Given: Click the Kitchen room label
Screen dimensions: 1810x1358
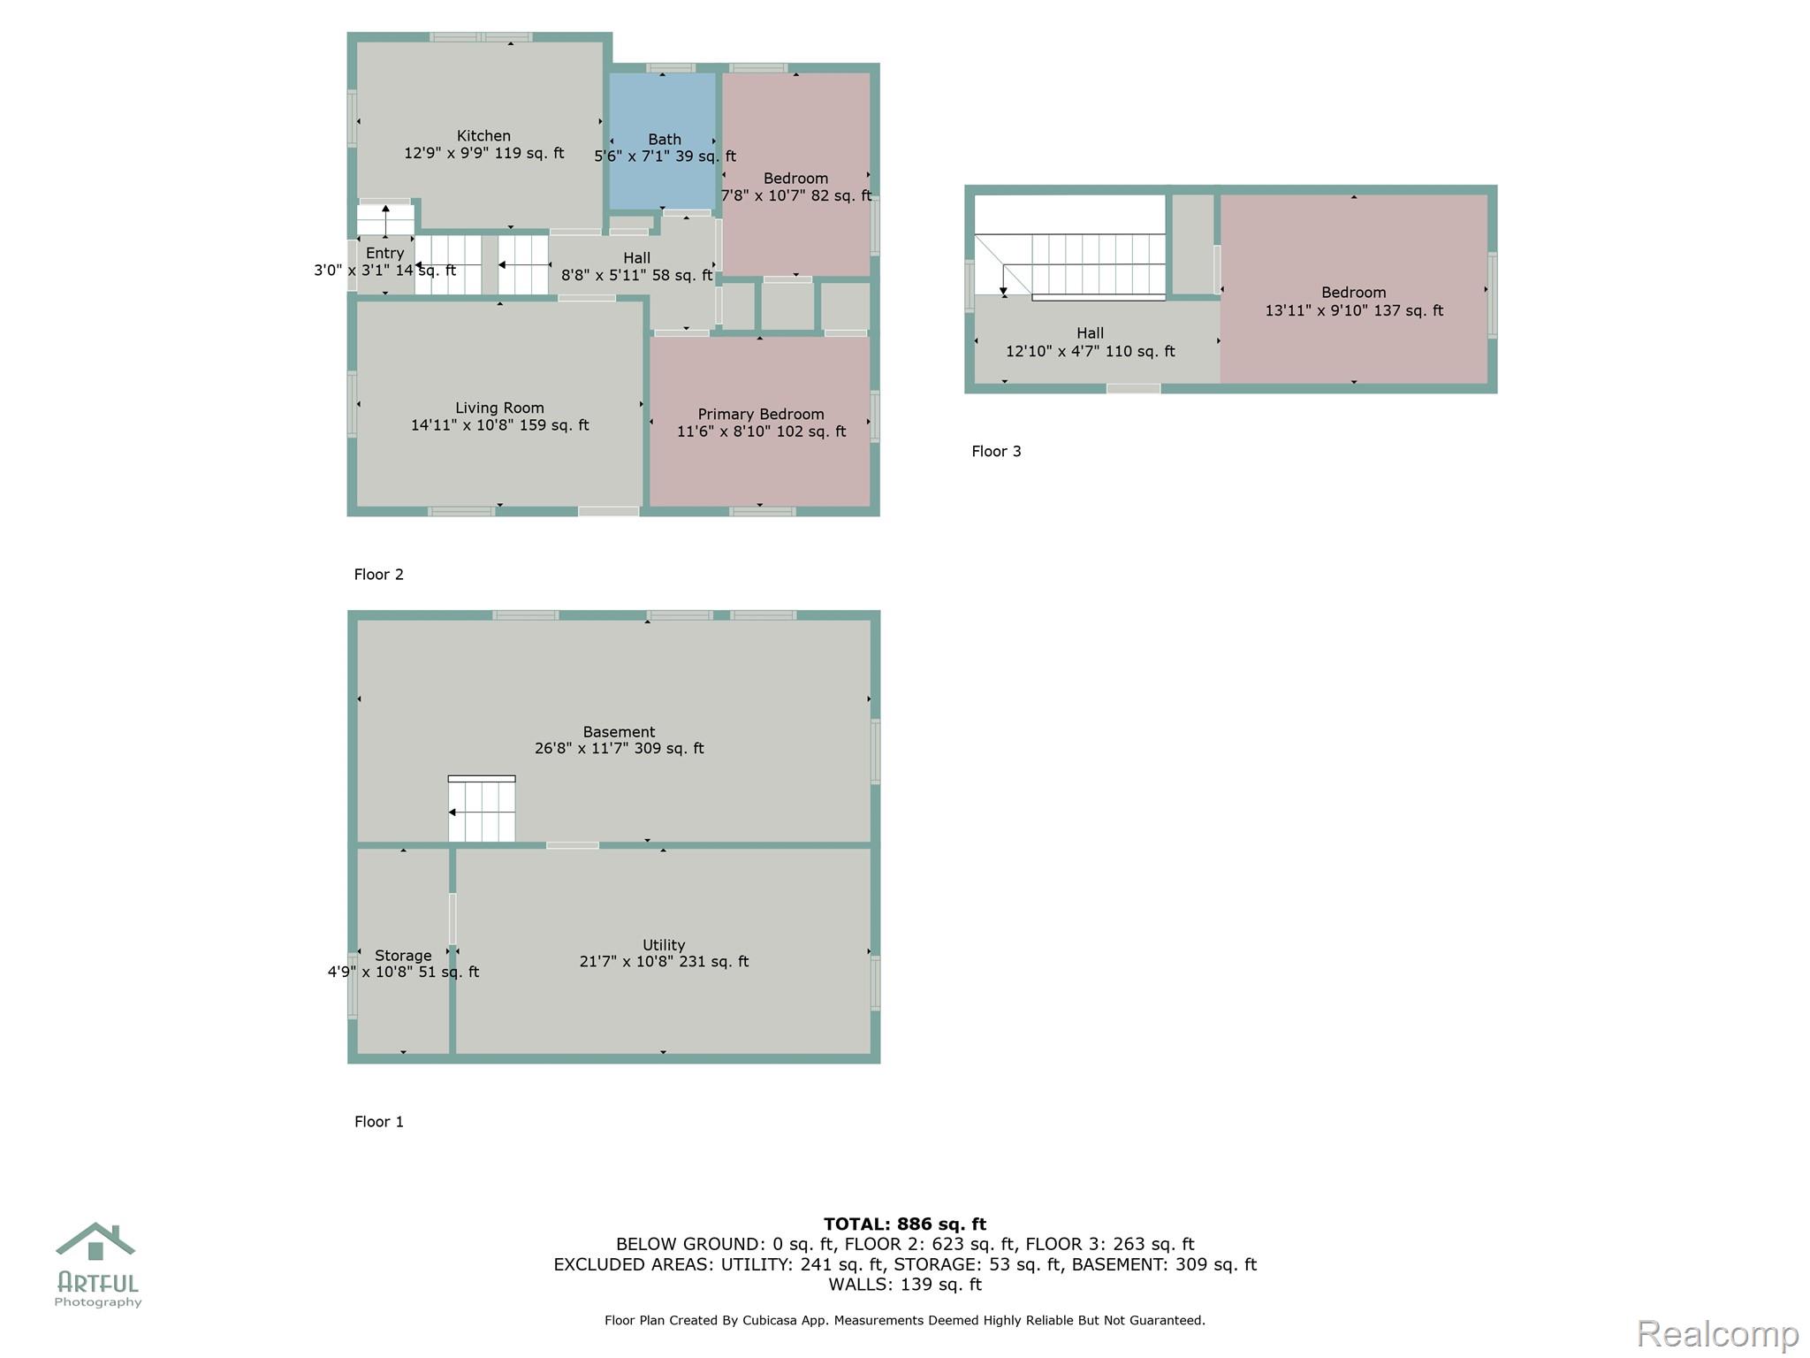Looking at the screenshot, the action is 483,136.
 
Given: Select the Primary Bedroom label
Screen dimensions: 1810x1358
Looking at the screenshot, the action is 761,415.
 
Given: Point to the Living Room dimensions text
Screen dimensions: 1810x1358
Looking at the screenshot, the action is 499,425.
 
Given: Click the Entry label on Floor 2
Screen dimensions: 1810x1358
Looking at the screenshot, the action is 385,254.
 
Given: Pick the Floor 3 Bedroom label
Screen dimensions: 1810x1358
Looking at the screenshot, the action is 1354,293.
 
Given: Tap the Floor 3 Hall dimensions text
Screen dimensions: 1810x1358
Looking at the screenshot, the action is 1091,352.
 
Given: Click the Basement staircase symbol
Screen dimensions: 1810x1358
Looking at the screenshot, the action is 482,809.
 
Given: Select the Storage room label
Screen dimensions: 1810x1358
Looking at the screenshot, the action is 403,956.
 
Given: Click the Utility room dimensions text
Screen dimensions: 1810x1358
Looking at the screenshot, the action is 664,962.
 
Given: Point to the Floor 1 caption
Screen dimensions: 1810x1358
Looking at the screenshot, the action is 379,1122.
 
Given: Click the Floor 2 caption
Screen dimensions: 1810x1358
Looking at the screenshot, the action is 379,575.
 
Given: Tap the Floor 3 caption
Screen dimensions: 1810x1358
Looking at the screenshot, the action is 996,452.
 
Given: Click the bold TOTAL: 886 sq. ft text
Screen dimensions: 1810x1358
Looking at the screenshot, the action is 905,1224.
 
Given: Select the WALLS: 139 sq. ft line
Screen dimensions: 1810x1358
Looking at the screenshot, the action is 905,1285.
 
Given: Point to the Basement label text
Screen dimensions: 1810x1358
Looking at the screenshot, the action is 619,732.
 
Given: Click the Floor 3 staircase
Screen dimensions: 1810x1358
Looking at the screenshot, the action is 1070,266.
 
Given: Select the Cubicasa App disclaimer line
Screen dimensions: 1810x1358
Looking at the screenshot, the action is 905,1321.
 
